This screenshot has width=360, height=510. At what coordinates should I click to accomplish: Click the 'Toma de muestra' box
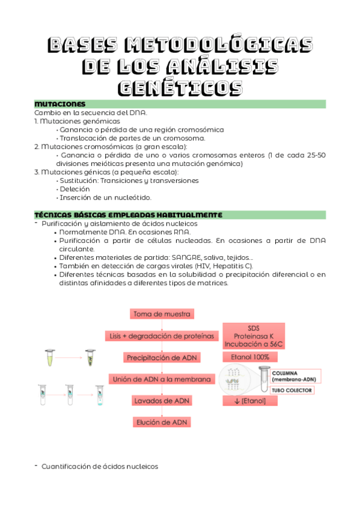(162, 314)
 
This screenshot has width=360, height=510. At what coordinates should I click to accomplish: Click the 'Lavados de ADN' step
(162, 400)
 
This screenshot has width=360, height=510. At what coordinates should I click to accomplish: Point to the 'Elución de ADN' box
(162, 422)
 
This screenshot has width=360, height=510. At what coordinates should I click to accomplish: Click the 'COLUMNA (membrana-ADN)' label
(295, 376)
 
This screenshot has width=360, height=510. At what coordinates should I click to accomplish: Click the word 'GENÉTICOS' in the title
(180, 87)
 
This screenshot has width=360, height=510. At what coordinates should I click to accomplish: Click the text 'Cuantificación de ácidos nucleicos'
(100, 466)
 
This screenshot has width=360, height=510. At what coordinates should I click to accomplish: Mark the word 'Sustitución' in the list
(80, 180)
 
